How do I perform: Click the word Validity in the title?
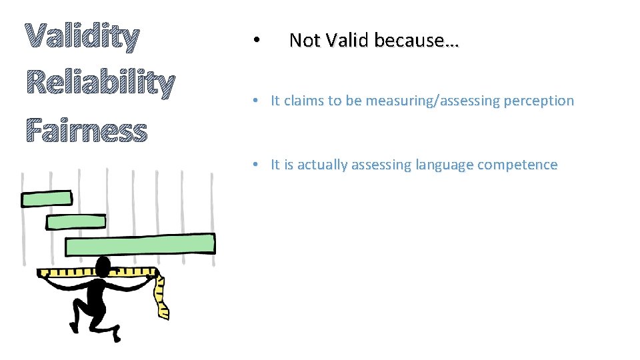[82, 38]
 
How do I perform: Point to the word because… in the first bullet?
[416, 41]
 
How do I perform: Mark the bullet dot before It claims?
[255, 101]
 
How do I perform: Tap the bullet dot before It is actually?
[255, 165]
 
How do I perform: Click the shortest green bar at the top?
[46, 199]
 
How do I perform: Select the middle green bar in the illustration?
[75, 221]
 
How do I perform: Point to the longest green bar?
[140, 245]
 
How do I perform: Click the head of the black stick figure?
[103, 267]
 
